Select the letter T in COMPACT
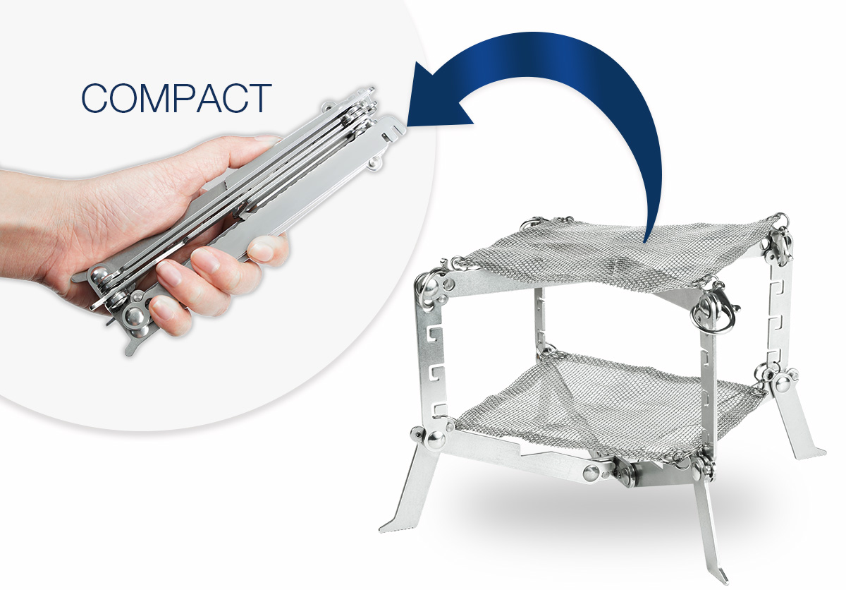pos(260,98)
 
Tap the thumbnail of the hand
pos(269,139)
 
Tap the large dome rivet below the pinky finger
pos(134,317)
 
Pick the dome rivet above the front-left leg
pos(436,439)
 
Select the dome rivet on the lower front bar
pos(591,472)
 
